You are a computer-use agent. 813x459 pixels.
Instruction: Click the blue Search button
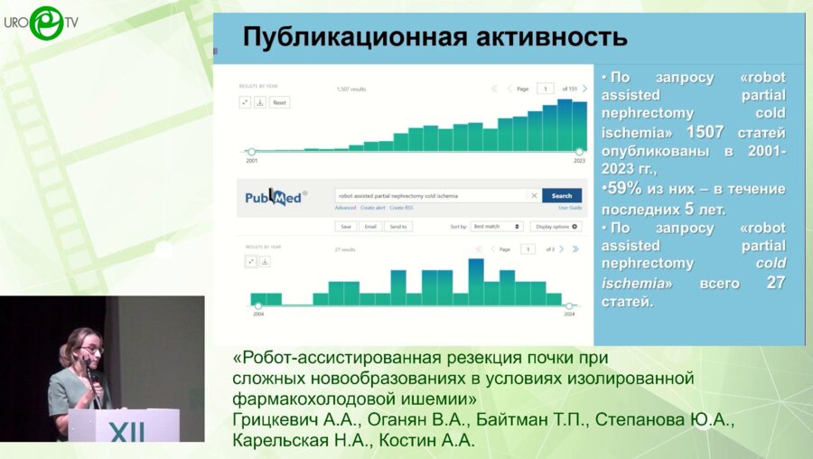tap(561, 195)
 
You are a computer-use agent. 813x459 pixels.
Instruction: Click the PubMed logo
tap(275, 197)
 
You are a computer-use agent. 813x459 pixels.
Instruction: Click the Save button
tap(345, 226)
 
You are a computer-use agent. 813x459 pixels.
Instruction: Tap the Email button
tap(370, 226)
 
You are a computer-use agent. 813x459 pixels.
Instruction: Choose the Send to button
tap(398, 226)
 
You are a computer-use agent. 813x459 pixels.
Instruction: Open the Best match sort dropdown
tap(497, 226)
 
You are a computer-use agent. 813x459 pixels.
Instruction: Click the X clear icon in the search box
tap(534, 195)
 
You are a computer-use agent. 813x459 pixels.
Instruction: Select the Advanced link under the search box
tap(345, 208)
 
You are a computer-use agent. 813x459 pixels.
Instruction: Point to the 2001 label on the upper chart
tap(251, 160)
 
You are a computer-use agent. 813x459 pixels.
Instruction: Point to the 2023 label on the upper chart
tap(579, 160)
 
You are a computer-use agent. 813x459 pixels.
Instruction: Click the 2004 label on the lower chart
tap(258, 314)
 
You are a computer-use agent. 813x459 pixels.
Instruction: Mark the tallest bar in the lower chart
tap(476, 283)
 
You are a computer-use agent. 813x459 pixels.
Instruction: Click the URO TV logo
tap(41, 22)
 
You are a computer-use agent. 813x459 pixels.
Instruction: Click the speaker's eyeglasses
tap(91, 349)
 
